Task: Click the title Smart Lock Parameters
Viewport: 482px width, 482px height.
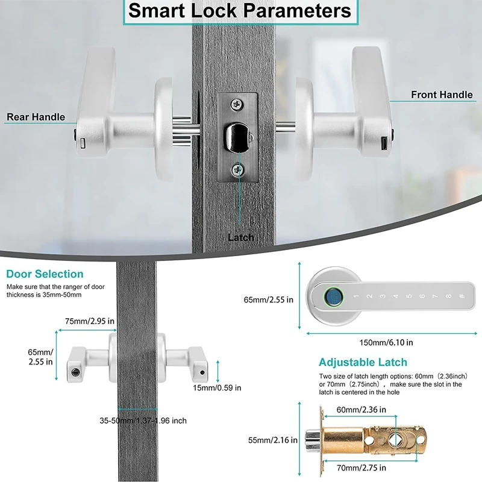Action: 240,11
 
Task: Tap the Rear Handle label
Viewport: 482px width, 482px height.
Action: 36,117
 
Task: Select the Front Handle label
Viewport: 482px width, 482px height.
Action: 442,95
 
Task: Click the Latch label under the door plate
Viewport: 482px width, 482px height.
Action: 240,237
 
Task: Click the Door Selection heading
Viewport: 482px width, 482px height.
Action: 45,274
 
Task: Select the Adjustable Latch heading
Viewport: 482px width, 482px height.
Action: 363,362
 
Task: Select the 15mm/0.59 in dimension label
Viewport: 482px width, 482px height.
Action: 218,387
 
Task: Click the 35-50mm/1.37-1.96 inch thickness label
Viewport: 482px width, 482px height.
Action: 143,421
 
